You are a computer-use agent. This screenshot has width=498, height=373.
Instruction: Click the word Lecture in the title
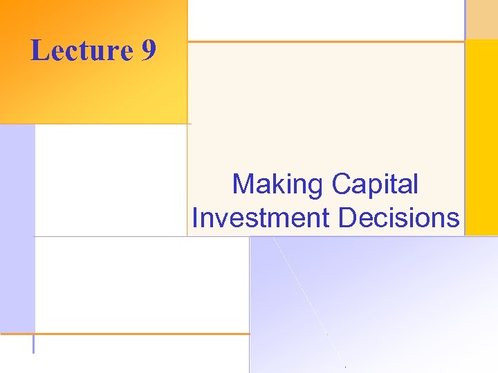pos(81,50)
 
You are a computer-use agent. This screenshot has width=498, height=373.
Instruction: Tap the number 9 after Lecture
pos(148,50)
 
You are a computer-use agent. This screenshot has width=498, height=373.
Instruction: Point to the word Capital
pos(375,184)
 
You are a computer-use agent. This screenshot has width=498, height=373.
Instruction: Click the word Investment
pos(261,218)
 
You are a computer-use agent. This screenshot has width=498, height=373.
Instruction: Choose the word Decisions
pos(398,218)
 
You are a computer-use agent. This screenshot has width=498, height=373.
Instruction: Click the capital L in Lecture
pos(39,50)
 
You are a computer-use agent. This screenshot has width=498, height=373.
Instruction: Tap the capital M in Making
pos(243,184)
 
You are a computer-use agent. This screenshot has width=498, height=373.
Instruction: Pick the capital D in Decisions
pos(347,218)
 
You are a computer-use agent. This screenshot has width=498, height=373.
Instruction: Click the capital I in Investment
pos(196,218)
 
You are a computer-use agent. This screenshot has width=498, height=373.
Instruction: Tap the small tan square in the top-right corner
pos(481,19)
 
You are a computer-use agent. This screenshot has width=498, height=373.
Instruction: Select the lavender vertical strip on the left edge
pos(17,228)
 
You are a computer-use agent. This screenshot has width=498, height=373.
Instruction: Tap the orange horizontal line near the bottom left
pos(124,334)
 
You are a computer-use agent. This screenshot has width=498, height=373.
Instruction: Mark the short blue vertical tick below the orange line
pos(33,344)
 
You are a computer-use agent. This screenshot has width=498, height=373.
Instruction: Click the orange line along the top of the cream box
pos(325,41)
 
